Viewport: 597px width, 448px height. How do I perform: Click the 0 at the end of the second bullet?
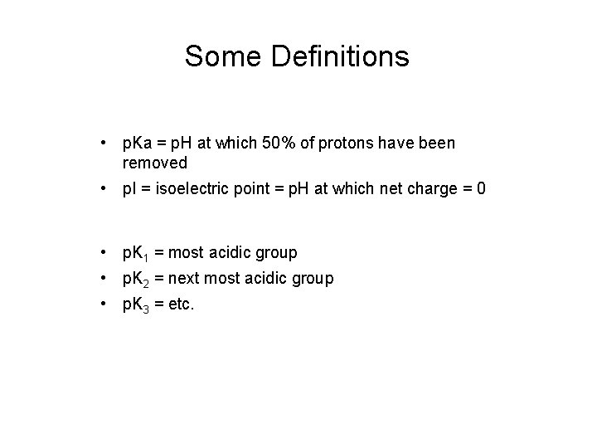point(481,189)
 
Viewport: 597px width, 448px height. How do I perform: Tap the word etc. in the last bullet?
point(180,304)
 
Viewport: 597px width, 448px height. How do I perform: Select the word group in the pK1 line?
point(277,252)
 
